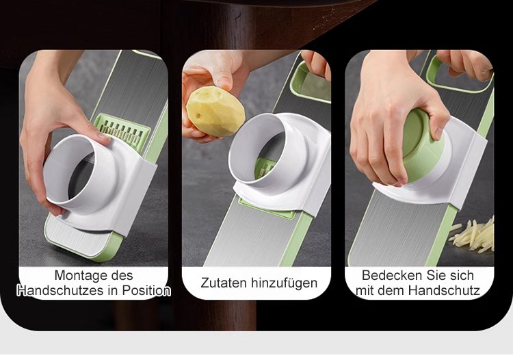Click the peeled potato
coord(215,112)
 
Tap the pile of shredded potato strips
coord(473,235)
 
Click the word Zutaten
coord(224,283)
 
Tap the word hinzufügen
coord(285,283)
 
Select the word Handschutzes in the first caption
coord(58,290)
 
